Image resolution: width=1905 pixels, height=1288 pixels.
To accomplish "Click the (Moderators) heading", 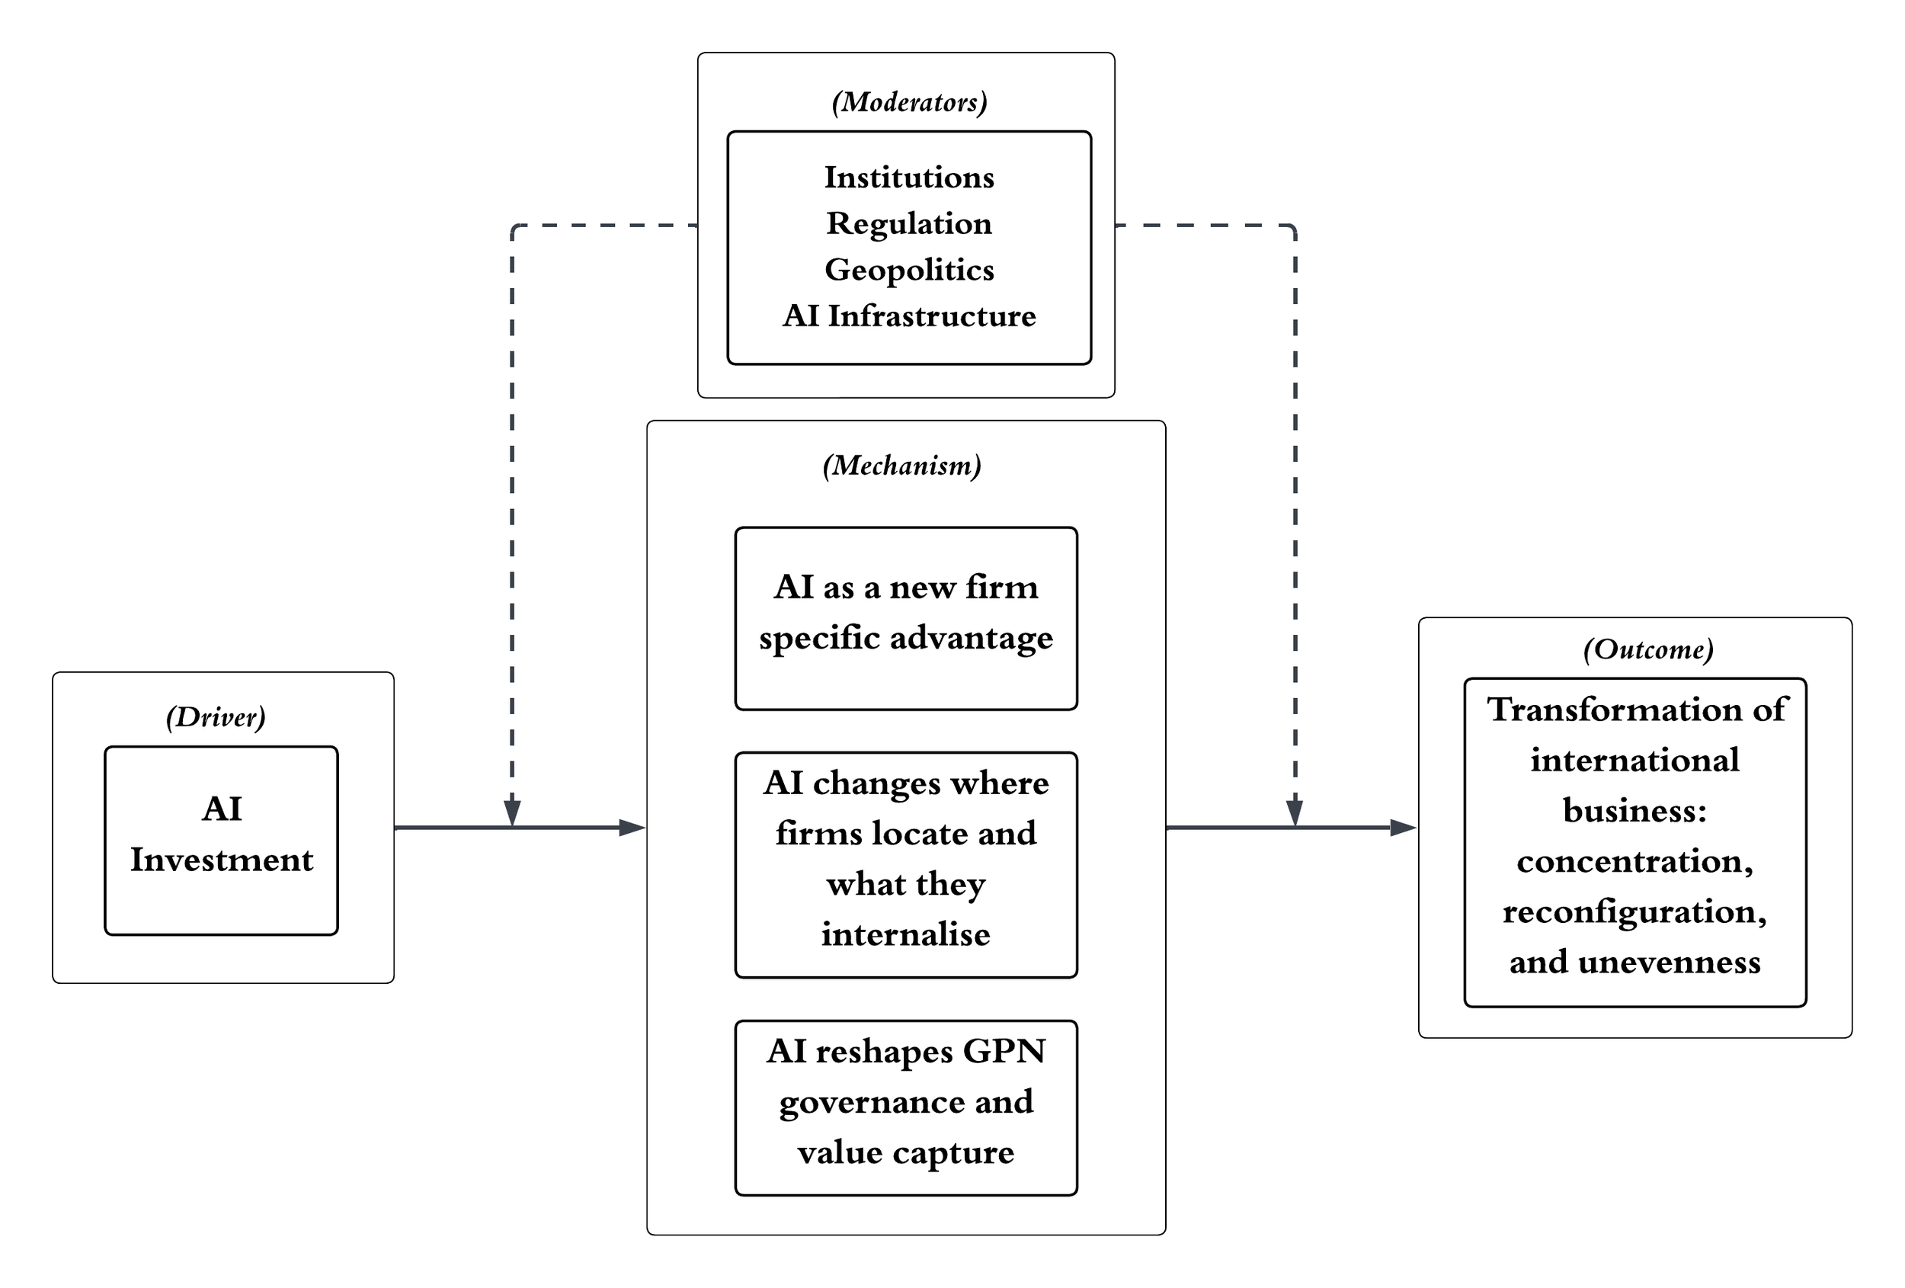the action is (909, 102).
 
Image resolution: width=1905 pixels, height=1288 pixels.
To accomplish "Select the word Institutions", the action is (909, 177).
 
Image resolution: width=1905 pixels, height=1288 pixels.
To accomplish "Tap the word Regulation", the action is (909, 224).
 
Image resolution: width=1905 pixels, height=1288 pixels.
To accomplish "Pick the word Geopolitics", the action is (909, 271).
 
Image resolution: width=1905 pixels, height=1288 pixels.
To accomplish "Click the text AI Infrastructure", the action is (909, 316).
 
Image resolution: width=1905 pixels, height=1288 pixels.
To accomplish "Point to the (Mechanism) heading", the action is (901, 466).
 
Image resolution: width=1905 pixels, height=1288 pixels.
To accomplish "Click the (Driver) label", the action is (216, 717).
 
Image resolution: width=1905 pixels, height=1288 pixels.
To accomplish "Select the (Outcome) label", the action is (1648, 649).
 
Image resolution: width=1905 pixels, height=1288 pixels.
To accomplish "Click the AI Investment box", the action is (221, 841).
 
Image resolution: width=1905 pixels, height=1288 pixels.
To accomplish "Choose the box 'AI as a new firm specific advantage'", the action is (906, 618).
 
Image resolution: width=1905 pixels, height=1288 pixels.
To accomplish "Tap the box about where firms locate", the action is (906, 865).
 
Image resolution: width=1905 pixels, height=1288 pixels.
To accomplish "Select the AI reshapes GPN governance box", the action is (906, 1107).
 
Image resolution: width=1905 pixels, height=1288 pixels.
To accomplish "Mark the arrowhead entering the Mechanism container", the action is (632, 828).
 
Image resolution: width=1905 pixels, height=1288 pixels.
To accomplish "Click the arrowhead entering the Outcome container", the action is (1404, 828).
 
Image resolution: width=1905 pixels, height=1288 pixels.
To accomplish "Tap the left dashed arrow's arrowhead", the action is (512, 813).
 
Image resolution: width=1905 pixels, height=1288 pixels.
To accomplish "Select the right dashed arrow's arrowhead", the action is (1295, 813).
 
